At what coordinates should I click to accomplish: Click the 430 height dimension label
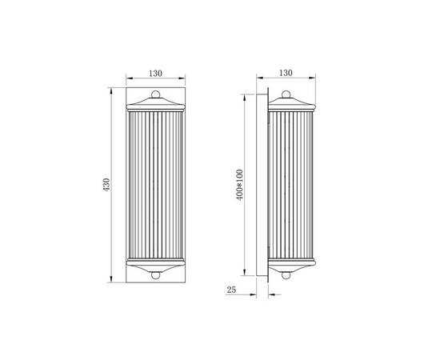click(106, 185)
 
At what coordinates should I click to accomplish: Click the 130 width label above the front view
click(155, 73)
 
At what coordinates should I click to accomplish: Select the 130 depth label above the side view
click(286, 73)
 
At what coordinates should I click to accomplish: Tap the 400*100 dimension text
click(241, 185)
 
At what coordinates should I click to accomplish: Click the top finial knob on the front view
click(156, 94)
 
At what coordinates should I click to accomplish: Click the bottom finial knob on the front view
click(156, 277)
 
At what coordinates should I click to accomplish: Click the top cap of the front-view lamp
click(156, 103)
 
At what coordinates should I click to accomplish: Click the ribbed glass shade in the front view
click(156, 185)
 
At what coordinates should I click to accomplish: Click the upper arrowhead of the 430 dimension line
click(113, 87)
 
